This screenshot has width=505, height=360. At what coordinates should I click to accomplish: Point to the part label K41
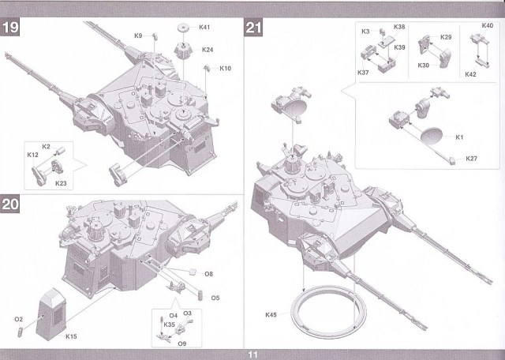click(x=204, y=28)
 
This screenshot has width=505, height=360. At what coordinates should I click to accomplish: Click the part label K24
click(x=208, y=50)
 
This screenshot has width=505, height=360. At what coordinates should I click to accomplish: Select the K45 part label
click(x=272, y=315)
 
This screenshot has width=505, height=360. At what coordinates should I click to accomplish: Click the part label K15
click(x=71, y=336)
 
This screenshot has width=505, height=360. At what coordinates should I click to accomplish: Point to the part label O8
click(x=209, y=274)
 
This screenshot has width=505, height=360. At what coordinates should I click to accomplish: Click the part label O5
click(x=215, y=298)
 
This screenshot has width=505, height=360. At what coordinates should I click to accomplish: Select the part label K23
click(x=61, y=183)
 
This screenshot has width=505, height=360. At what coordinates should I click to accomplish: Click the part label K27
click(x=471, y=159)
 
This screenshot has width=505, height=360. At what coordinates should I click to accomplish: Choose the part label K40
click(x=487, y=26)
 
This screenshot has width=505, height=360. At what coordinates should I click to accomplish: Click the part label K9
click(x=138, y=36)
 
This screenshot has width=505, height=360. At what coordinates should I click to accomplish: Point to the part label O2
click(x=17, y=318)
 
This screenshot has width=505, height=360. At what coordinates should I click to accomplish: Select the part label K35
click(x=170, y=324)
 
